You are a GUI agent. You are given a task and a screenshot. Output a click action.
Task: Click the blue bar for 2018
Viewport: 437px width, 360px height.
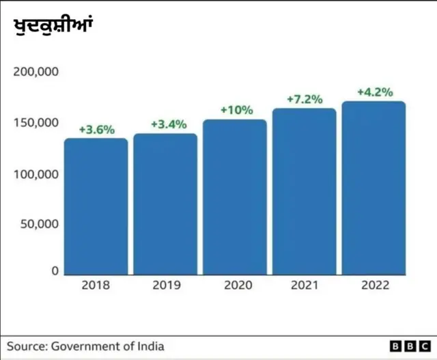(x=96, y=206)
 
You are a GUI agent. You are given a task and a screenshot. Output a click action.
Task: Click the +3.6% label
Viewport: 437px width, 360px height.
(x=96, y=129)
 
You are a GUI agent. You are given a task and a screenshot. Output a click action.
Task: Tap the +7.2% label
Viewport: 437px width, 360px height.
(x=305, y=99)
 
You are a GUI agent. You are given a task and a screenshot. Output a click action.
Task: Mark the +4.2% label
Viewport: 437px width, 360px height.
(x=375, y=92)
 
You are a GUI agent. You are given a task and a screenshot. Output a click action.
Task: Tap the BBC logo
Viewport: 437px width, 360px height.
(x=410, y=346)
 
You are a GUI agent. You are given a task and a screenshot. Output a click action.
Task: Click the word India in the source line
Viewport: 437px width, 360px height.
(x=150, y=346)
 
